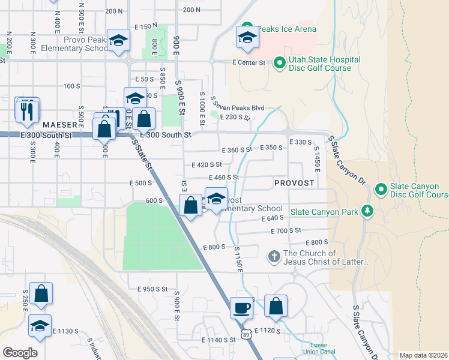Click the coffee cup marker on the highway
point(241,307)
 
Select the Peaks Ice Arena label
point(286,29)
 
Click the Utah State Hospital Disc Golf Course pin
point(279,62)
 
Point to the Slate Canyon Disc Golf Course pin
point(381,190)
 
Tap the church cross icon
point(274,257)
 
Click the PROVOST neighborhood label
point(294,182)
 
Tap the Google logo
point(20,352)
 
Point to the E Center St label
point(249,62)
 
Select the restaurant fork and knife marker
point(27,110)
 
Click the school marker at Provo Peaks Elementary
point(118,41)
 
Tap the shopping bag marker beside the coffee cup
point(276,306)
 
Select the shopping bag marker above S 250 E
point(41,293)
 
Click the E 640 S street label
point(272,219)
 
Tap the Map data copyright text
point(423,355)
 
